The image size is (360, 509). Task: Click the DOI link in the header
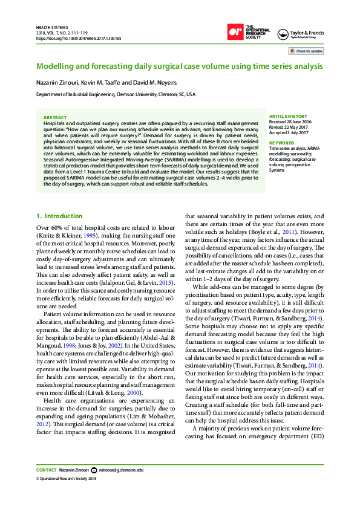(79, 38)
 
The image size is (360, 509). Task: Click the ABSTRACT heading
(56, 117)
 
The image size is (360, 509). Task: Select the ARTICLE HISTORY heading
(287, 116)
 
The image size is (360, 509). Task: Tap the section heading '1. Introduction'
(59, 216)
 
